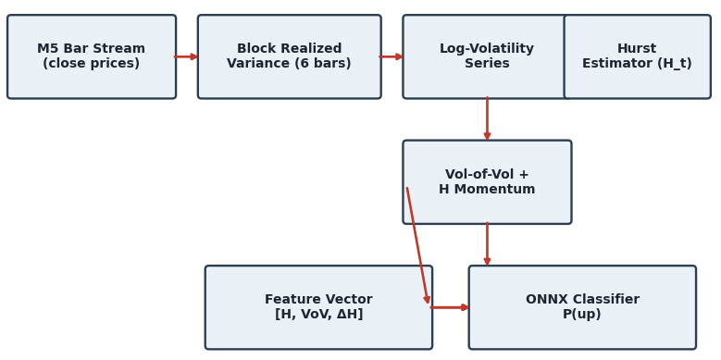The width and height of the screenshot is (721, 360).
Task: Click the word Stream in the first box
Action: coord(119,49)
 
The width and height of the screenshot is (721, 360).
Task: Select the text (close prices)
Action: coord(91,64)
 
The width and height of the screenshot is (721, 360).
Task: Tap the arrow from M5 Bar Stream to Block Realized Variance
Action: coord(186,57)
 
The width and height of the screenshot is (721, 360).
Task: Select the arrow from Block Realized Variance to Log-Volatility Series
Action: coord(391,57)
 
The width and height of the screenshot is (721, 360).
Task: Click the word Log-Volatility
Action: coord(487,49)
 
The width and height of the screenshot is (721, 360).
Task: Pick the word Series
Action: coord(487,64)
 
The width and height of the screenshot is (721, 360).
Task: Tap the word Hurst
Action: coord(637,49)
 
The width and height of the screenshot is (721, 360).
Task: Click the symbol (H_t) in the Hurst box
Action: coord(675,64)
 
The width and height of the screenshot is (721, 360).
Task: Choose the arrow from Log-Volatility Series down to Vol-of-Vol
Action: coord(487,118)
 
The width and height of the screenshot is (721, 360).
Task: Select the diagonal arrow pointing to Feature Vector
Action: coord(417,245)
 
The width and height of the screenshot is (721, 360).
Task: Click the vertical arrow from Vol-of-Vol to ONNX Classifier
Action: coord(487,244)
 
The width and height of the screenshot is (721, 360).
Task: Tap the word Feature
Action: coord(287,300)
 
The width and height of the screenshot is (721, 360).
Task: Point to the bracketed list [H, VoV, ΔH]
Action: coord(318,315)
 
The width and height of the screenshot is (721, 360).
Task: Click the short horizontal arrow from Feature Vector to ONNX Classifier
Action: coord(449,307)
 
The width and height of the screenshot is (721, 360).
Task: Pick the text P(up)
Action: coord(581,315)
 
